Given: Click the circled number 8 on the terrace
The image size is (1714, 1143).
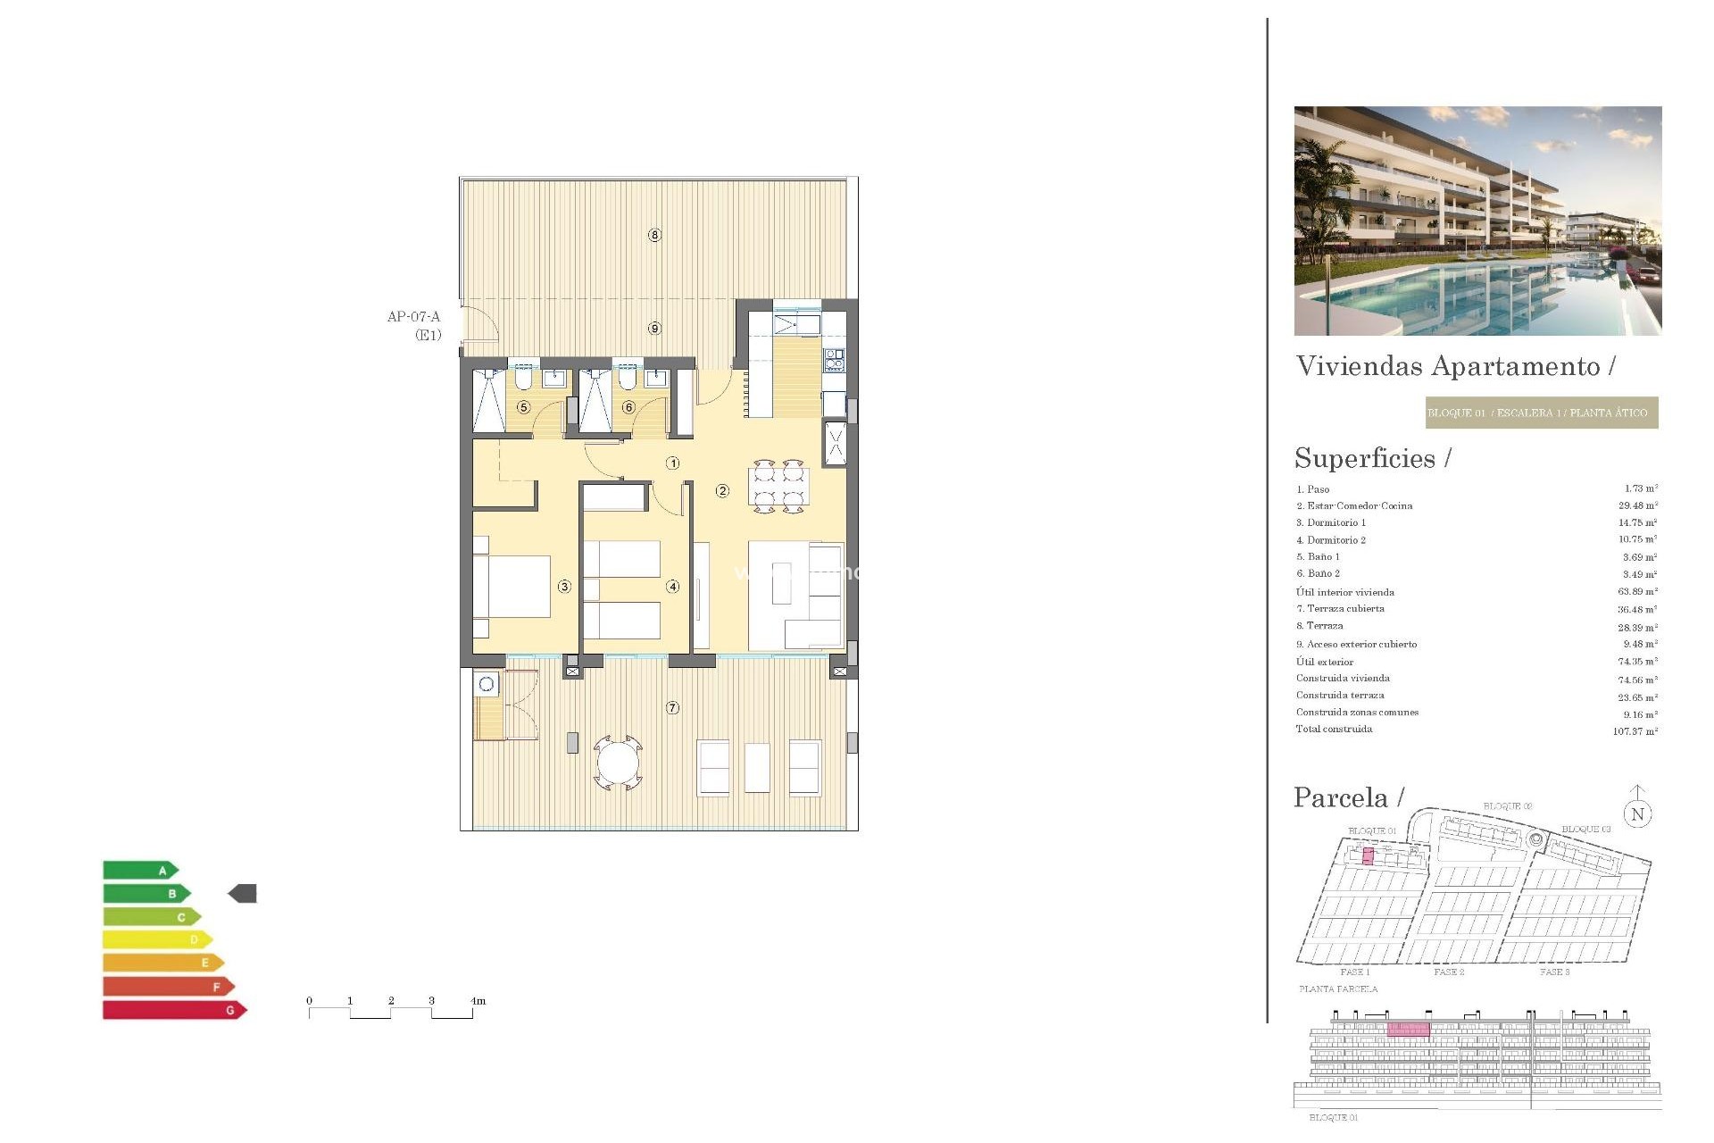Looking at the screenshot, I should (654, 235).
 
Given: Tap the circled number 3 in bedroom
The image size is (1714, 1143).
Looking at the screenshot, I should (564, 587).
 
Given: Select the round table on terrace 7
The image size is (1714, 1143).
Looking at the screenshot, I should (618, 763).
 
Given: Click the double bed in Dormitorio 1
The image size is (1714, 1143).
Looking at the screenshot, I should (513, 587).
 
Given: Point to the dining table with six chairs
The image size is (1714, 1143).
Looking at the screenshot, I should (779, 487).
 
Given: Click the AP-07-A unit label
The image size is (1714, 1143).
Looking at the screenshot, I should (413, 317).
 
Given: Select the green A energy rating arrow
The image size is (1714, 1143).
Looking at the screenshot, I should (140, 870).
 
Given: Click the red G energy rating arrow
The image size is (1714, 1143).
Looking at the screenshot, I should (174, 1010).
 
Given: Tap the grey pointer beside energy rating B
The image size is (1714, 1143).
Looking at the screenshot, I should (243, 893).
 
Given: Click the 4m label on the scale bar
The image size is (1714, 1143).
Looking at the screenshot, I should (478, 1001).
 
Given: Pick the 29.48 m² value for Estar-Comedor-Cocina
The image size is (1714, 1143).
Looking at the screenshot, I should (1637, 505).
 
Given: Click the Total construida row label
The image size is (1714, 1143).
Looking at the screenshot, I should (1334, 730).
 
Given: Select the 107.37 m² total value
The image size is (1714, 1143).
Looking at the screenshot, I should (1635, 731).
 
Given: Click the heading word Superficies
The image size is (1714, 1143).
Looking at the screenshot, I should (1365, 458).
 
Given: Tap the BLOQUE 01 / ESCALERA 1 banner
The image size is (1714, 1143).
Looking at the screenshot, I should (1541, 413).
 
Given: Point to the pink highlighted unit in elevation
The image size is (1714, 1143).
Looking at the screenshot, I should (1408, 1030).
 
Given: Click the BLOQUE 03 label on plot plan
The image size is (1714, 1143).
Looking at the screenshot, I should (1585, 830).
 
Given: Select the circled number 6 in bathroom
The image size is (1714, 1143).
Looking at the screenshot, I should (628, 407).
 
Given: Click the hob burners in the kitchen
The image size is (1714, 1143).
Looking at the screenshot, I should (834, 359).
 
